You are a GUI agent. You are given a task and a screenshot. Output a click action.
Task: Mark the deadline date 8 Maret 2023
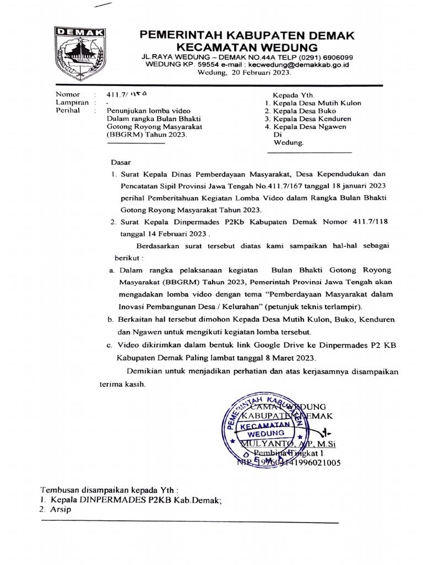tap(302, 357)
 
